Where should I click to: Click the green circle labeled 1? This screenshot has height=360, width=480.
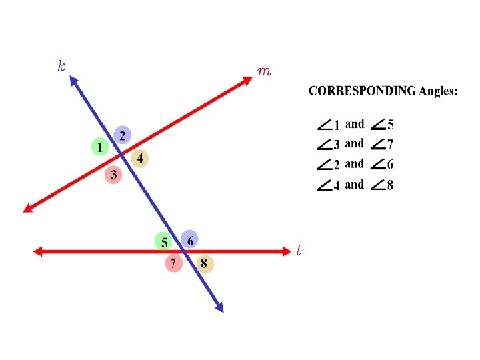pos(100,147)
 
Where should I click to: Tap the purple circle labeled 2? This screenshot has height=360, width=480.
pos(122,135)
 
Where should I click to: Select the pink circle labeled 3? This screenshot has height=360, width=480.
pos(113,175)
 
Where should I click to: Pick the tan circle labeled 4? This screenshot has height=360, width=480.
pos(141,158)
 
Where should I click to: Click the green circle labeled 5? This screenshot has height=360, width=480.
pos(163,241)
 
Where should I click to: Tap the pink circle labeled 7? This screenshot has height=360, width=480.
pos(173,264)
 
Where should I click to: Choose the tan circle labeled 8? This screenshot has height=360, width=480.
pos(204,264)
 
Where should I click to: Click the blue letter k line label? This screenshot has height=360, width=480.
pos(61,65)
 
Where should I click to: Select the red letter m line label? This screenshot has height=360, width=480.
pos(264,70)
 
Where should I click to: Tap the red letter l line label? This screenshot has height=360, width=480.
pos(299,251)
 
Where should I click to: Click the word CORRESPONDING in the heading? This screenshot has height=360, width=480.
pos(363,91)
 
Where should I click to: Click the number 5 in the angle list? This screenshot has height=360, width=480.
pos(390,124)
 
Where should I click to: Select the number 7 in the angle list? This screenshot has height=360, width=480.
pos(390,144)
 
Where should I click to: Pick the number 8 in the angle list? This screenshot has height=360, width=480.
pos(390,185)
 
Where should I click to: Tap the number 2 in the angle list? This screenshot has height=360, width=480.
pos(337,165)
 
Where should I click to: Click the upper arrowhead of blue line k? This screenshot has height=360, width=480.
pos(73,82)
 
